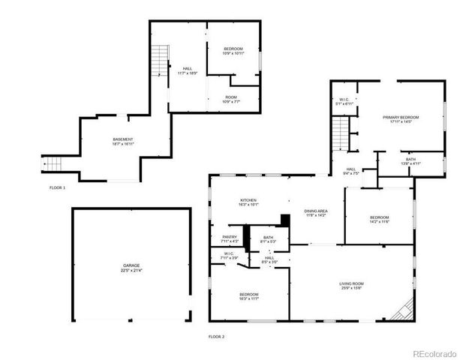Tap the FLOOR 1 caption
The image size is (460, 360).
click(58, 187)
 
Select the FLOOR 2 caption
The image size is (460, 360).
click(217, 337)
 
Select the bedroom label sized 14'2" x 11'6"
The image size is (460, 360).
click(378, 220)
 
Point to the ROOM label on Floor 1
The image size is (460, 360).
click(233, 99)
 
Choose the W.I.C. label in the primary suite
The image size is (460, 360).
click(344, 100)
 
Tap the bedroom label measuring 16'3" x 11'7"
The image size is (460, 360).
click(248, 296)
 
